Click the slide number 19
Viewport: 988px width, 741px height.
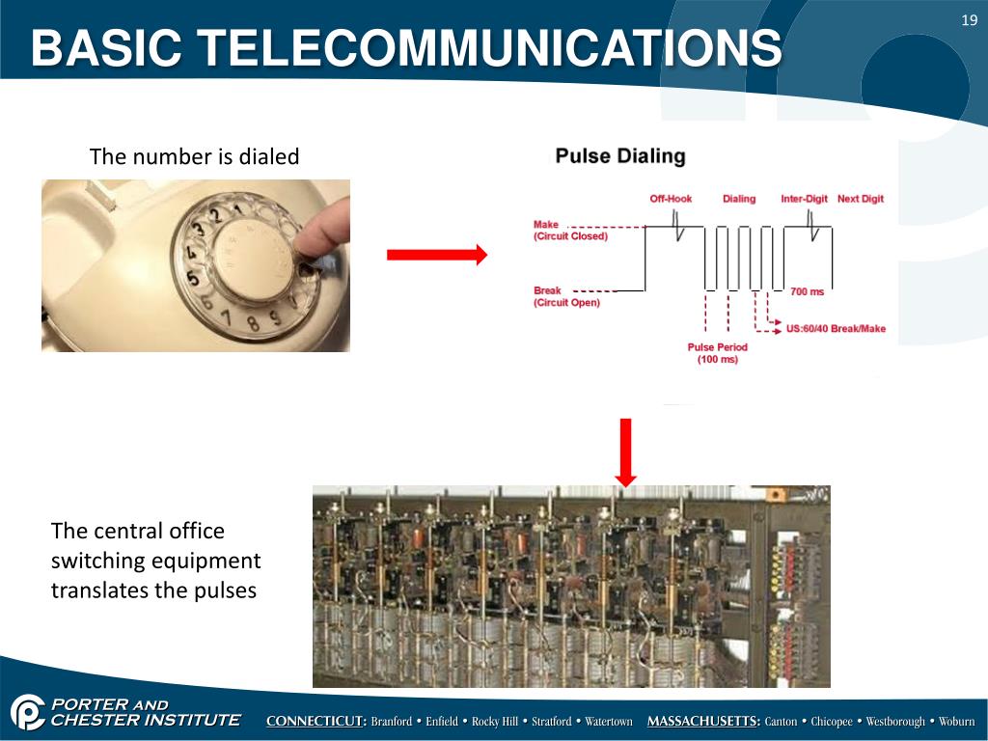tap(970, 20)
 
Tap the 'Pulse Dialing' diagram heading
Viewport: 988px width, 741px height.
tap(620, 156)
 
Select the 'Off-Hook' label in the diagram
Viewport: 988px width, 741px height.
tap(671, 199)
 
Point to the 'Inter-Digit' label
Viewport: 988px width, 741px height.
tap(804, 199)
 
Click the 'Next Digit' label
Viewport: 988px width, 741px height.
tap(861, 199)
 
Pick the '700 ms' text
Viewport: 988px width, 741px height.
tap(807, 291)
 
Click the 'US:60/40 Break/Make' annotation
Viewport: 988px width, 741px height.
tap(836, 329)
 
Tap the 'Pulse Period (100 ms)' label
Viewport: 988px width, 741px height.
tap(717, 353)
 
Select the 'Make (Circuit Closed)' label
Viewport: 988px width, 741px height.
tap(569, 231)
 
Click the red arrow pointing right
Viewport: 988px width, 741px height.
tap(437, 255)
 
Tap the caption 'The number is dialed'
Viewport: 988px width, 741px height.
tap(194, 156)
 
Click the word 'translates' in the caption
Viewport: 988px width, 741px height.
tap(99, 590)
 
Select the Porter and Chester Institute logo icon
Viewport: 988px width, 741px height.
tap(27, 713)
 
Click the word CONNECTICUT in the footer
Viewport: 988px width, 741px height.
tap(316, 722)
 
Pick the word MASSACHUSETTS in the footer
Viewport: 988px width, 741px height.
tap(702, 722)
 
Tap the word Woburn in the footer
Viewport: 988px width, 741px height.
tap(957, 722)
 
